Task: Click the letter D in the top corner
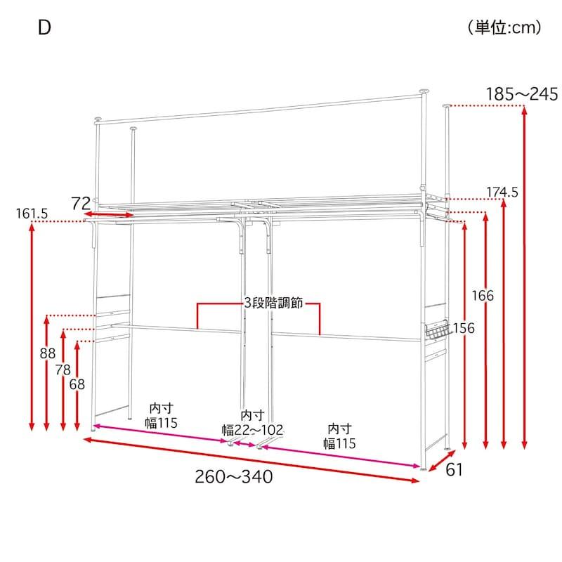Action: tap(44, 27)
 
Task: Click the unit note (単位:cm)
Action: tap(504, 27)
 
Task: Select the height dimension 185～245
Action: tap(521, 94)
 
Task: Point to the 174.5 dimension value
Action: tap(502, 192)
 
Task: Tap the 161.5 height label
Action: tap(32, 214)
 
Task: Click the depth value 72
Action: tap(81, 203)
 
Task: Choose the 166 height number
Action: tap(483, 296)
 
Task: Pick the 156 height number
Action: tap(464, 328)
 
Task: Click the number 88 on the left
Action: tap(48, 353)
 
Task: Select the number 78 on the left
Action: tap(63, 370)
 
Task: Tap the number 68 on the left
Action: tap(77, 384)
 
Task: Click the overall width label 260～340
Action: tap(234, 477)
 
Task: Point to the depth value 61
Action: tap(454, 469)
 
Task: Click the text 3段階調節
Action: tap(273, 303)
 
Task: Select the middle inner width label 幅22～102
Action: tap(252, 430)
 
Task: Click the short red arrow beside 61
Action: tap(442, 461)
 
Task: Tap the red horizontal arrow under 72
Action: tap(109, 214)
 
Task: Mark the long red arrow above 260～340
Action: tap(251, 460)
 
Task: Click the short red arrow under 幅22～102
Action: tap(244, 445)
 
